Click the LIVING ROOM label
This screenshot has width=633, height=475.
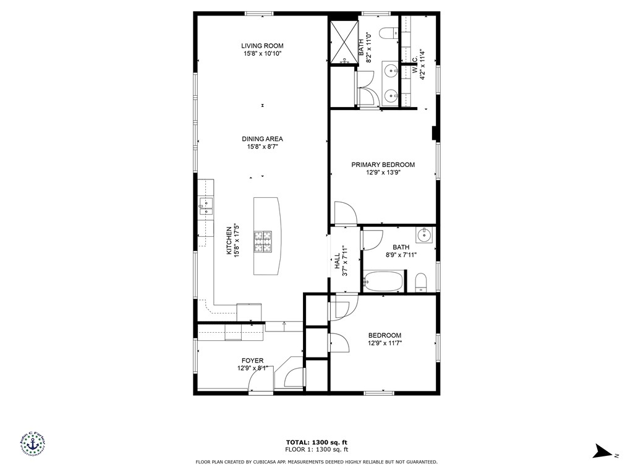(262, 46)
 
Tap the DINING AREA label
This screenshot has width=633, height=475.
(262, 139)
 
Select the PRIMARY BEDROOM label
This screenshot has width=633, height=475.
(383, 165)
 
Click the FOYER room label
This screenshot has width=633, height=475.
(252, 361)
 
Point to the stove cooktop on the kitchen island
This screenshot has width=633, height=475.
(263, 241)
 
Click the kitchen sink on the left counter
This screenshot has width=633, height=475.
(205, 206)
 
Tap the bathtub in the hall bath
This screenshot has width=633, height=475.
(383, 282)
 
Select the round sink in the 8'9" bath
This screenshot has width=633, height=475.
(424, 235)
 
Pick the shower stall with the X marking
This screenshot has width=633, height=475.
(342, 43)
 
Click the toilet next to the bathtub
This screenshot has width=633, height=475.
(421, 283)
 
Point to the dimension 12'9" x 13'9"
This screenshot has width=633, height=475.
(383, 173)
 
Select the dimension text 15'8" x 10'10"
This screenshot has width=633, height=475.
(262, 54)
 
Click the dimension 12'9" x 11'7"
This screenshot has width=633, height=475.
(384, 343)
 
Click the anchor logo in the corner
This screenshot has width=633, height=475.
(31, 445)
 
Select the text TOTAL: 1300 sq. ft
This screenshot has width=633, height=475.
(316, 442)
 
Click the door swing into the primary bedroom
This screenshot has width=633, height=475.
(344, 213)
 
